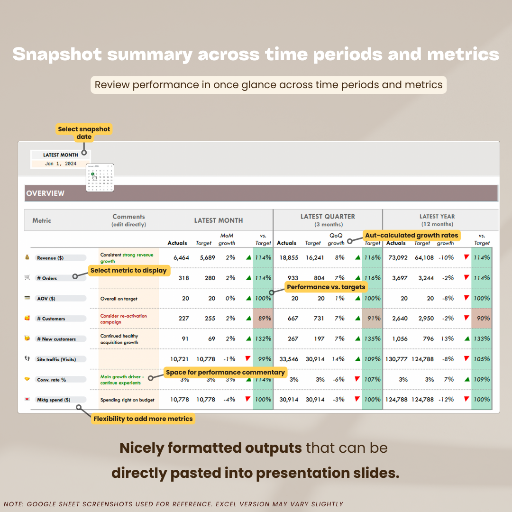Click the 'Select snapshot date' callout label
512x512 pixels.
click(x=84, y=133)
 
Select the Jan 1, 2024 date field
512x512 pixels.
click(x=60, y=164)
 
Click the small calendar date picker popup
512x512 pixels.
click(x=100, y=178)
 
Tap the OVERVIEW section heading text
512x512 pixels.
click(x=46, y=193)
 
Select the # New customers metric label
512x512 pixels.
click(x=56, y=339)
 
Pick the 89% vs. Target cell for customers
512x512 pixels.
click(x=263, y=319)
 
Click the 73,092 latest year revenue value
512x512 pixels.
click(x=398, y=257)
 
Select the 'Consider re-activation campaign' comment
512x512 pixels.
click(x=124, y=319)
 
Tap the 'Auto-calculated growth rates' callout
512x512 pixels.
click(x=411, y=235)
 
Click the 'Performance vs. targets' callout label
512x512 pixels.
click(x=326, y=287)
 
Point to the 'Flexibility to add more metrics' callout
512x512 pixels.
click(x=143, y=419)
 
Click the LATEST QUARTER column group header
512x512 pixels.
click(x=328, y=219)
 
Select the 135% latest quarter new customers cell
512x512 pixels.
click(x=372, y=338)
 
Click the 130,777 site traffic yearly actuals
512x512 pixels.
click(x=396, y=359)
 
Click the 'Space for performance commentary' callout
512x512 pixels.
click(x=225, y=373)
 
